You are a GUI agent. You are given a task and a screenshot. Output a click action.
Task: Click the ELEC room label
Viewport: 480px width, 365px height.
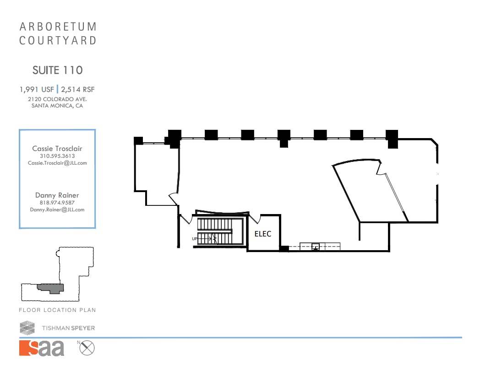262,234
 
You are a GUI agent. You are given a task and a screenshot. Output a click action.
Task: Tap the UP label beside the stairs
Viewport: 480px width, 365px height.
195,239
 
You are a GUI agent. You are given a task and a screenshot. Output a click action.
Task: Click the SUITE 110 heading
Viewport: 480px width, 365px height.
58,70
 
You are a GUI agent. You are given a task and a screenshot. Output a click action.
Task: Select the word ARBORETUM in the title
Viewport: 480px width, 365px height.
58,27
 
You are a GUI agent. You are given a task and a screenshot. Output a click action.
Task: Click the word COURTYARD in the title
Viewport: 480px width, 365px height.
58,41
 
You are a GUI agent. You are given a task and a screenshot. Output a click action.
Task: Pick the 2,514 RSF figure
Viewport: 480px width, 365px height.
77,89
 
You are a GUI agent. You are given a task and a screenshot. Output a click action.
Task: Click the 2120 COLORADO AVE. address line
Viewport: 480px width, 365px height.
57,99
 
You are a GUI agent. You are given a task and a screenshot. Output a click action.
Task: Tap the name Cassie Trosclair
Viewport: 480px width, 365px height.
57,149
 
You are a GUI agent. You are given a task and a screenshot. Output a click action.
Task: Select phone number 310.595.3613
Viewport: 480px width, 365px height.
57,156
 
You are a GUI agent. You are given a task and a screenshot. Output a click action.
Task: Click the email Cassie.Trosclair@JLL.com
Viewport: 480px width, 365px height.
57,163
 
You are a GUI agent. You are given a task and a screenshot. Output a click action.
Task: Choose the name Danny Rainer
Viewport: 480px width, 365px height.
57,195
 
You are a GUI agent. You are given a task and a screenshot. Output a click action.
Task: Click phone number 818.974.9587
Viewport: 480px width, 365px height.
57,203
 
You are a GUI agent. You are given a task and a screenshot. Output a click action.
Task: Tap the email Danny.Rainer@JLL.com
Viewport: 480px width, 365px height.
57,209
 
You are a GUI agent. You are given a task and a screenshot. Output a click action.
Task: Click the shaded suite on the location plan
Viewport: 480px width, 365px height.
50,288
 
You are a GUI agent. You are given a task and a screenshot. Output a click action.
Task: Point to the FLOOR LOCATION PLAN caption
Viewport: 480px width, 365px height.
57,310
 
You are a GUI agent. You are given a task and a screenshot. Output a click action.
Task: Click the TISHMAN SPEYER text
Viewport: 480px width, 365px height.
68,328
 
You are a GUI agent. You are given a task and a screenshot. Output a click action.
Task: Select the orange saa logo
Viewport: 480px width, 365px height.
42,348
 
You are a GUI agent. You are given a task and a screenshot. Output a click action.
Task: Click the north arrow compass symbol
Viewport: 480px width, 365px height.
87,348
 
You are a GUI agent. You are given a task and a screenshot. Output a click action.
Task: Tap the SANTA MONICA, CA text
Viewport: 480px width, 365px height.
57,106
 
